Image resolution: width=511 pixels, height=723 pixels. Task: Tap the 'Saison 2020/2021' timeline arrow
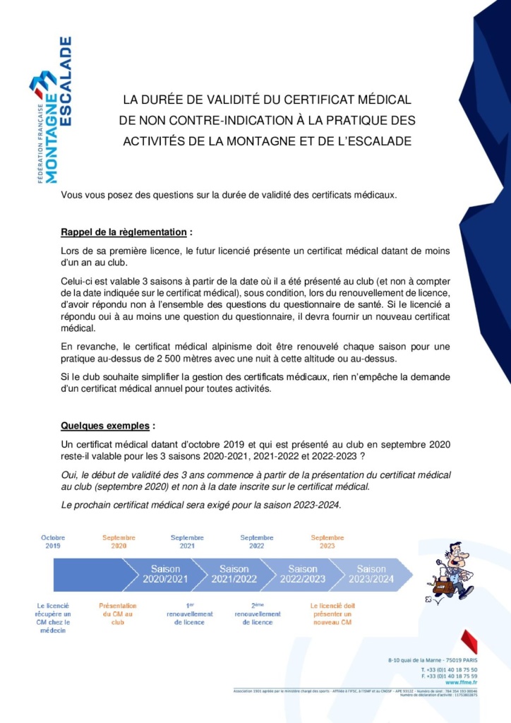point(165,574)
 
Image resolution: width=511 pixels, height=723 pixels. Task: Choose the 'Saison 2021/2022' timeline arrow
point(234,574)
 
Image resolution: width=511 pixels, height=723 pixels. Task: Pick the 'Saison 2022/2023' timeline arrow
point(303,574)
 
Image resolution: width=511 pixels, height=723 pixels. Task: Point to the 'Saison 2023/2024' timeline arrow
point(371,574)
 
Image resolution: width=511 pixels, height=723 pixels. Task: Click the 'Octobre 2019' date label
point(53,542)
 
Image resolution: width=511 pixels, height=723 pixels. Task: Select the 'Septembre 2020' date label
point(119,542)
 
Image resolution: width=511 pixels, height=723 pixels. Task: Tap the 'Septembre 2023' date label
point(327,542)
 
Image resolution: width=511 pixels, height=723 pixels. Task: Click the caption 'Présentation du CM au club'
point(118,614)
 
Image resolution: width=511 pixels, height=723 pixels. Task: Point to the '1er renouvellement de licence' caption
point(188,614)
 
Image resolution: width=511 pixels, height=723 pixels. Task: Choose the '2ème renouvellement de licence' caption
point(257,614)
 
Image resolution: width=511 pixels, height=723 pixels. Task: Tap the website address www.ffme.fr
point(460,682)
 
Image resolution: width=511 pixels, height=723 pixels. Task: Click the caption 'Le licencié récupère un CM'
point(53,618)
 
